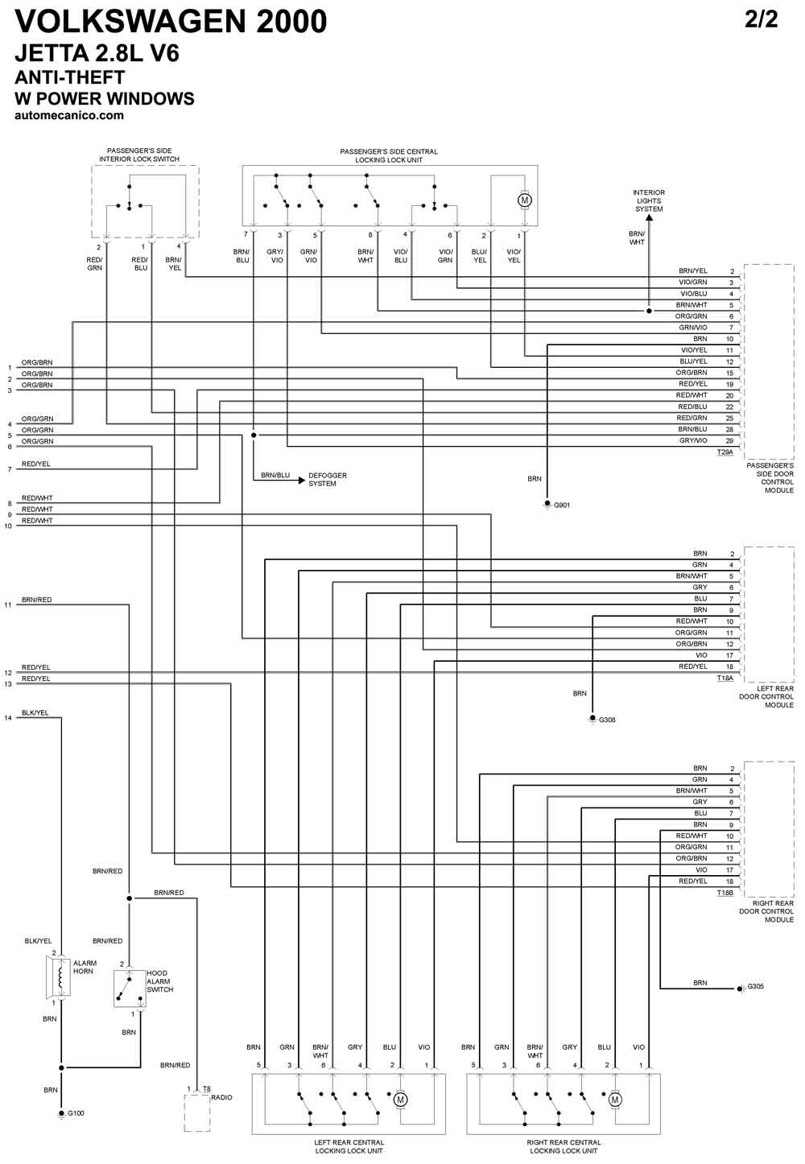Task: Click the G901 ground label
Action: click(x=562, y=505)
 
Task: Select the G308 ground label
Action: click(x=607, y=720)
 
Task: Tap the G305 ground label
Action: click(x=756, y=986)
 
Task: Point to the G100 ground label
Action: click(x=76, y=1113)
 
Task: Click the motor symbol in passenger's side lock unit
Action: click(x=524, y=200)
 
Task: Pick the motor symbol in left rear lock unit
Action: click(x=400, y=1100)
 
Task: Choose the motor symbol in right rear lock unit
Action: click(x=615, y=1100)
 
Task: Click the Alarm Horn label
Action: click(x=85, y=967)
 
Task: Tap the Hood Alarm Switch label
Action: click(x=159, y=981)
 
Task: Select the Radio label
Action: click(x=221, y=1097)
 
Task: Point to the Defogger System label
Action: click(x=328, y=479)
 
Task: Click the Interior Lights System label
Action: click(x=649, y=200)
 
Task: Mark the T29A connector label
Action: click(x=725, y=452)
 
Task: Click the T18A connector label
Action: click(x=725, y=678)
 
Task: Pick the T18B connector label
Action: click(x=725, y=893)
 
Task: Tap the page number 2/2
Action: click(x=762, y=19)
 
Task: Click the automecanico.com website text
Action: click(x=69, y=115)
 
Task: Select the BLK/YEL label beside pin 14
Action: click(x=35, y=712)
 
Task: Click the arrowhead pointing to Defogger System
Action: click(x=301, y=481)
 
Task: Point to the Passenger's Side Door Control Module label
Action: click(x=770, y=477)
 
